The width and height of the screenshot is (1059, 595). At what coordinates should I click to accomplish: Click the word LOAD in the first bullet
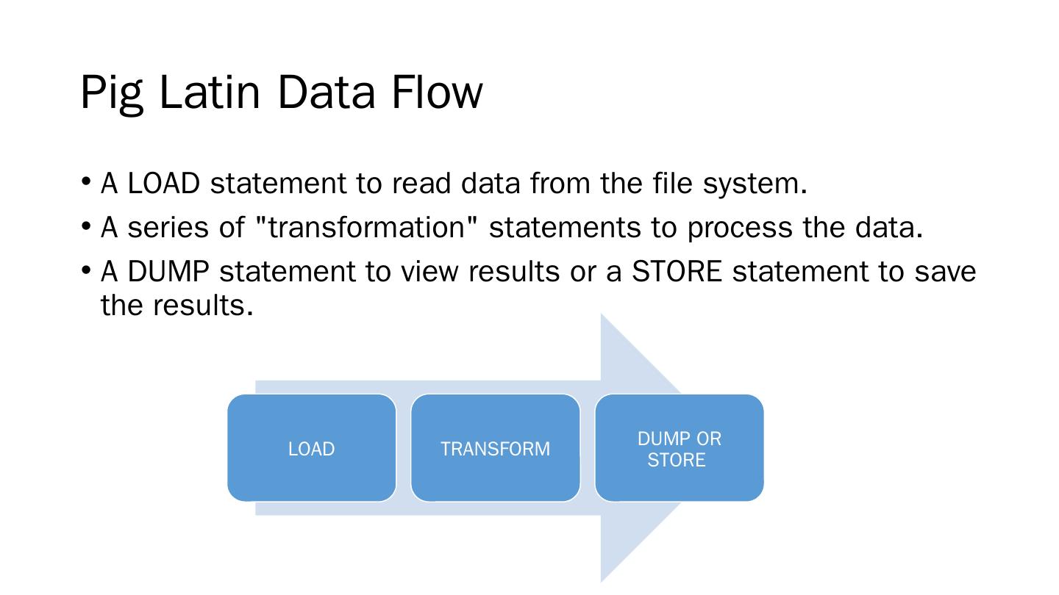click(x=163, y=184)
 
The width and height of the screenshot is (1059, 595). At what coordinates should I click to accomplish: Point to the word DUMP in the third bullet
click(x=168, y=272)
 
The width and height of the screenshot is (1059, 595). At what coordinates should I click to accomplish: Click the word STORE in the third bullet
click(x=677, y=272)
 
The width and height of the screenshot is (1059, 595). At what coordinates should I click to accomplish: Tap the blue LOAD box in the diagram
click(x=311, y=448)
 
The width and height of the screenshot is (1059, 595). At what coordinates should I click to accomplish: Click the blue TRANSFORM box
click(x=495, y=448)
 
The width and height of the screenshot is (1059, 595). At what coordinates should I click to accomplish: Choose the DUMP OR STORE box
click(x=679, y=448)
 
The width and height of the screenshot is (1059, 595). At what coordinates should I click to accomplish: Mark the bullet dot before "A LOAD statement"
click(x=86, y=181)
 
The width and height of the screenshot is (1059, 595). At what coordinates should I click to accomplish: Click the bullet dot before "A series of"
click(x=86, y=226)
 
